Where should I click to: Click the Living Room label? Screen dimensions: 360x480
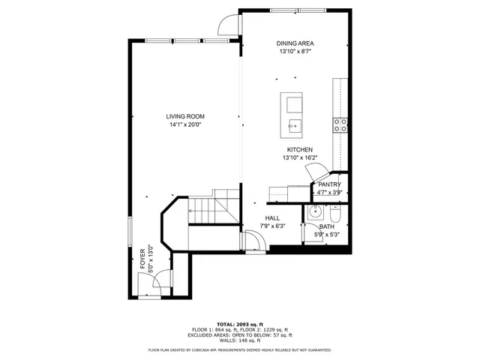(x=184, y=116)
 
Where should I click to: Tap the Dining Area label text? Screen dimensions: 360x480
(x=295, y=44)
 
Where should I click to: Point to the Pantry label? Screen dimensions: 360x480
(x=329, y=184)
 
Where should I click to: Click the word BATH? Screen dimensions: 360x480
(x=327, y=226)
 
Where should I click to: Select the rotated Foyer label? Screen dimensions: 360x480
(x=142, y=259)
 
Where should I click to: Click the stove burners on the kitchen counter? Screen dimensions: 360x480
(x=340, y=124)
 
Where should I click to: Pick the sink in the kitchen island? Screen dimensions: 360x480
(x=292, y=124)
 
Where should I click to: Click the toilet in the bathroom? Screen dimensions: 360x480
(x=334, y=217)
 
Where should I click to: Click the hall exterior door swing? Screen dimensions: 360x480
(x=253, y=241)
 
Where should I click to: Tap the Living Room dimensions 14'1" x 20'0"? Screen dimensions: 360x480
(x=184, y=124)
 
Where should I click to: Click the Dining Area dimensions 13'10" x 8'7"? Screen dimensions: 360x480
(x=295, y=52)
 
